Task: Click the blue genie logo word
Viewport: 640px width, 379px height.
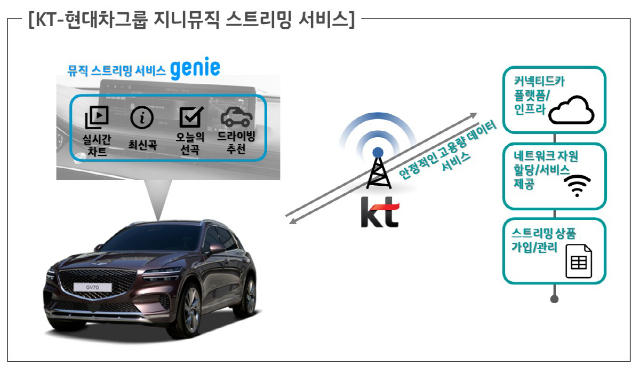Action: [195, 68]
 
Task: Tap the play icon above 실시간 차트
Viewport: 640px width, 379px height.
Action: [97, 117]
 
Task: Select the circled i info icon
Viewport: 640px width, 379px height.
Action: [142, 117]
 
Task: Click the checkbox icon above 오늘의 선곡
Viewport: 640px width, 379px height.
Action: [191, 117]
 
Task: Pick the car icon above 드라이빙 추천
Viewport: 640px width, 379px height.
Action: [237, 117]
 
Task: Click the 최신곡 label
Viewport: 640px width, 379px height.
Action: [142, 145]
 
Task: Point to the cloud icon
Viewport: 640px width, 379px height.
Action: [571, 110]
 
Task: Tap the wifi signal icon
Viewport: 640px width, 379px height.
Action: [577, 185]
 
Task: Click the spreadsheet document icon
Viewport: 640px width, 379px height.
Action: [579, 261]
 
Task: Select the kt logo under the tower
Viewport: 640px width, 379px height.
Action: [380, 212]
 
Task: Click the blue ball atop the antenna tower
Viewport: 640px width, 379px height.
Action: [378, 153]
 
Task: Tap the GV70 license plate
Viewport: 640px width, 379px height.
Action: [93, 288]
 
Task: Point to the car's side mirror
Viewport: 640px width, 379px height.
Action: [217, 248]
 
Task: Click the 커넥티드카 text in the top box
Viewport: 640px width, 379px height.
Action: [539, 81]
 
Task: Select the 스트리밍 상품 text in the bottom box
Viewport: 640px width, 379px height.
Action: [543, 233]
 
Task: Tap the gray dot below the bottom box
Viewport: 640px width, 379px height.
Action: [554, 299]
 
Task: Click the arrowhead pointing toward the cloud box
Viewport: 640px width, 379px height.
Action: [474, 115]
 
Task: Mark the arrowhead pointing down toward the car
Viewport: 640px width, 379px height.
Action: [293, 221]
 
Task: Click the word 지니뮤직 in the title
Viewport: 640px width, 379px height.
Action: [187, 20]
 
